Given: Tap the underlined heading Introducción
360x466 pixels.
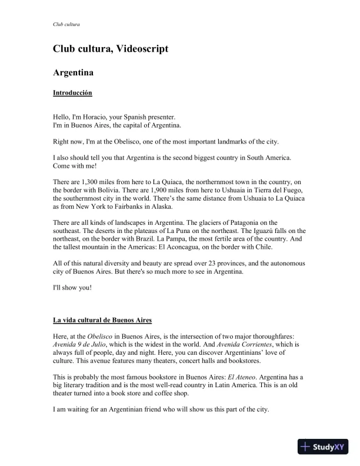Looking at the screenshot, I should point(72,93).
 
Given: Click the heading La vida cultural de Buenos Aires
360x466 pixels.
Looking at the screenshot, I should point(102,320).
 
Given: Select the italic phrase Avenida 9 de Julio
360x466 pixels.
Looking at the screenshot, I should point(81,344).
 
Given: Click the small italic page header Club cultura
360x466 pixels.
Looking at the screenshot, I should point(66,25).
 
